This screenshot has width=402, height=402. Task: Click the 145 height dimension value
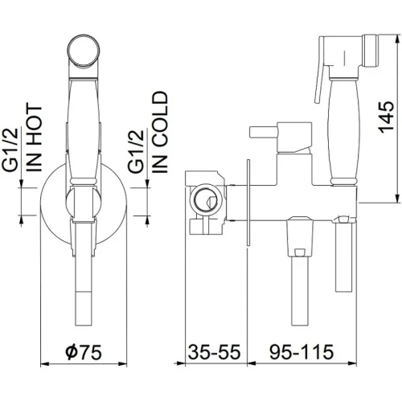[386, 117]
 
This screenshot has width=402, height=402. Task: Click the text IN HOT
[35, 138]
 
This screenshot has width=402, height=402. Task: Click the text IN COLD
[160, 132]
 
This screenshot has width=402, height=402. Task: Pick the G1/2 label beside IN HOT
[10, 150]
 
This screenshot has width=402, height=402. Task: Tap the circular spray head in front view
[84, 50]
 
